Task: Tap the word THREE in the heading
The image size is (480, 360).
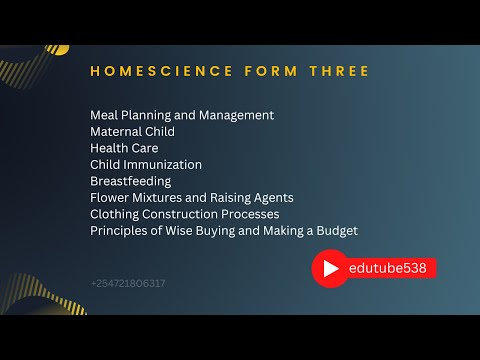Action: (x=334, y=71)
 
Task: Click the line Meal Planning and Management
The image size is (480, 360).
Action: (x=181, y=115)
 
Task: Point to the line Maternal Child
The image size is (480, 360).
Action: (x=132, y=131)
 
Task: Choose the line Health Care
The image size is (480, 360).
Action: (x=124, y=148)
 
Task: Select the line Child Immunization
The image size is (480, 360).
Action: (x=146, y=164)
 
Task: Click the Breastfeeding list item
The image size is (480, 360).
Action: (x=130, y=181)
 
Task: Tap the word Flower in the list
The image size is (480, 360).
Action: (x=110, y=198)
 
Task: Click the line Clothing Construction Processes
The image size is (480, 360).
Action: (x=184, y=214)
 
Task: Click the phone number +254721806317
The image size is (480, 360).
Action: (x=128, y=283)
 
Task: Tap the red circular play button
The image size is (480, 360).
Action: (x=329, y=268)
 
